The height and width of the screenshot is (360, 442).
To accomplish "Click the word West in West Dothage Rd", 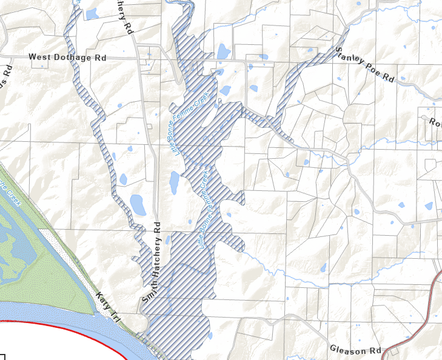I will pos(40,58).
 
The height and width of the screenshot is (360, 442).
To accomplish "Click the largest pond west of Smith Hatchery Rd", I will pos(138,204).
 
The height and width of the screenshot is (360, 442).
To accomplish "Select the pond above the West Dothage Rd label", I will pos(92,13).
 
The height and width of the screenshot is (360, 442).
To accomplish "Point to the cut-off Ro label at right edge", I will pos(435,121).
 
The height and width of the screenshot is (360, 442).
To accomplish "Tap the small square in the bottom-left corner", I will pos(2,357).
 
